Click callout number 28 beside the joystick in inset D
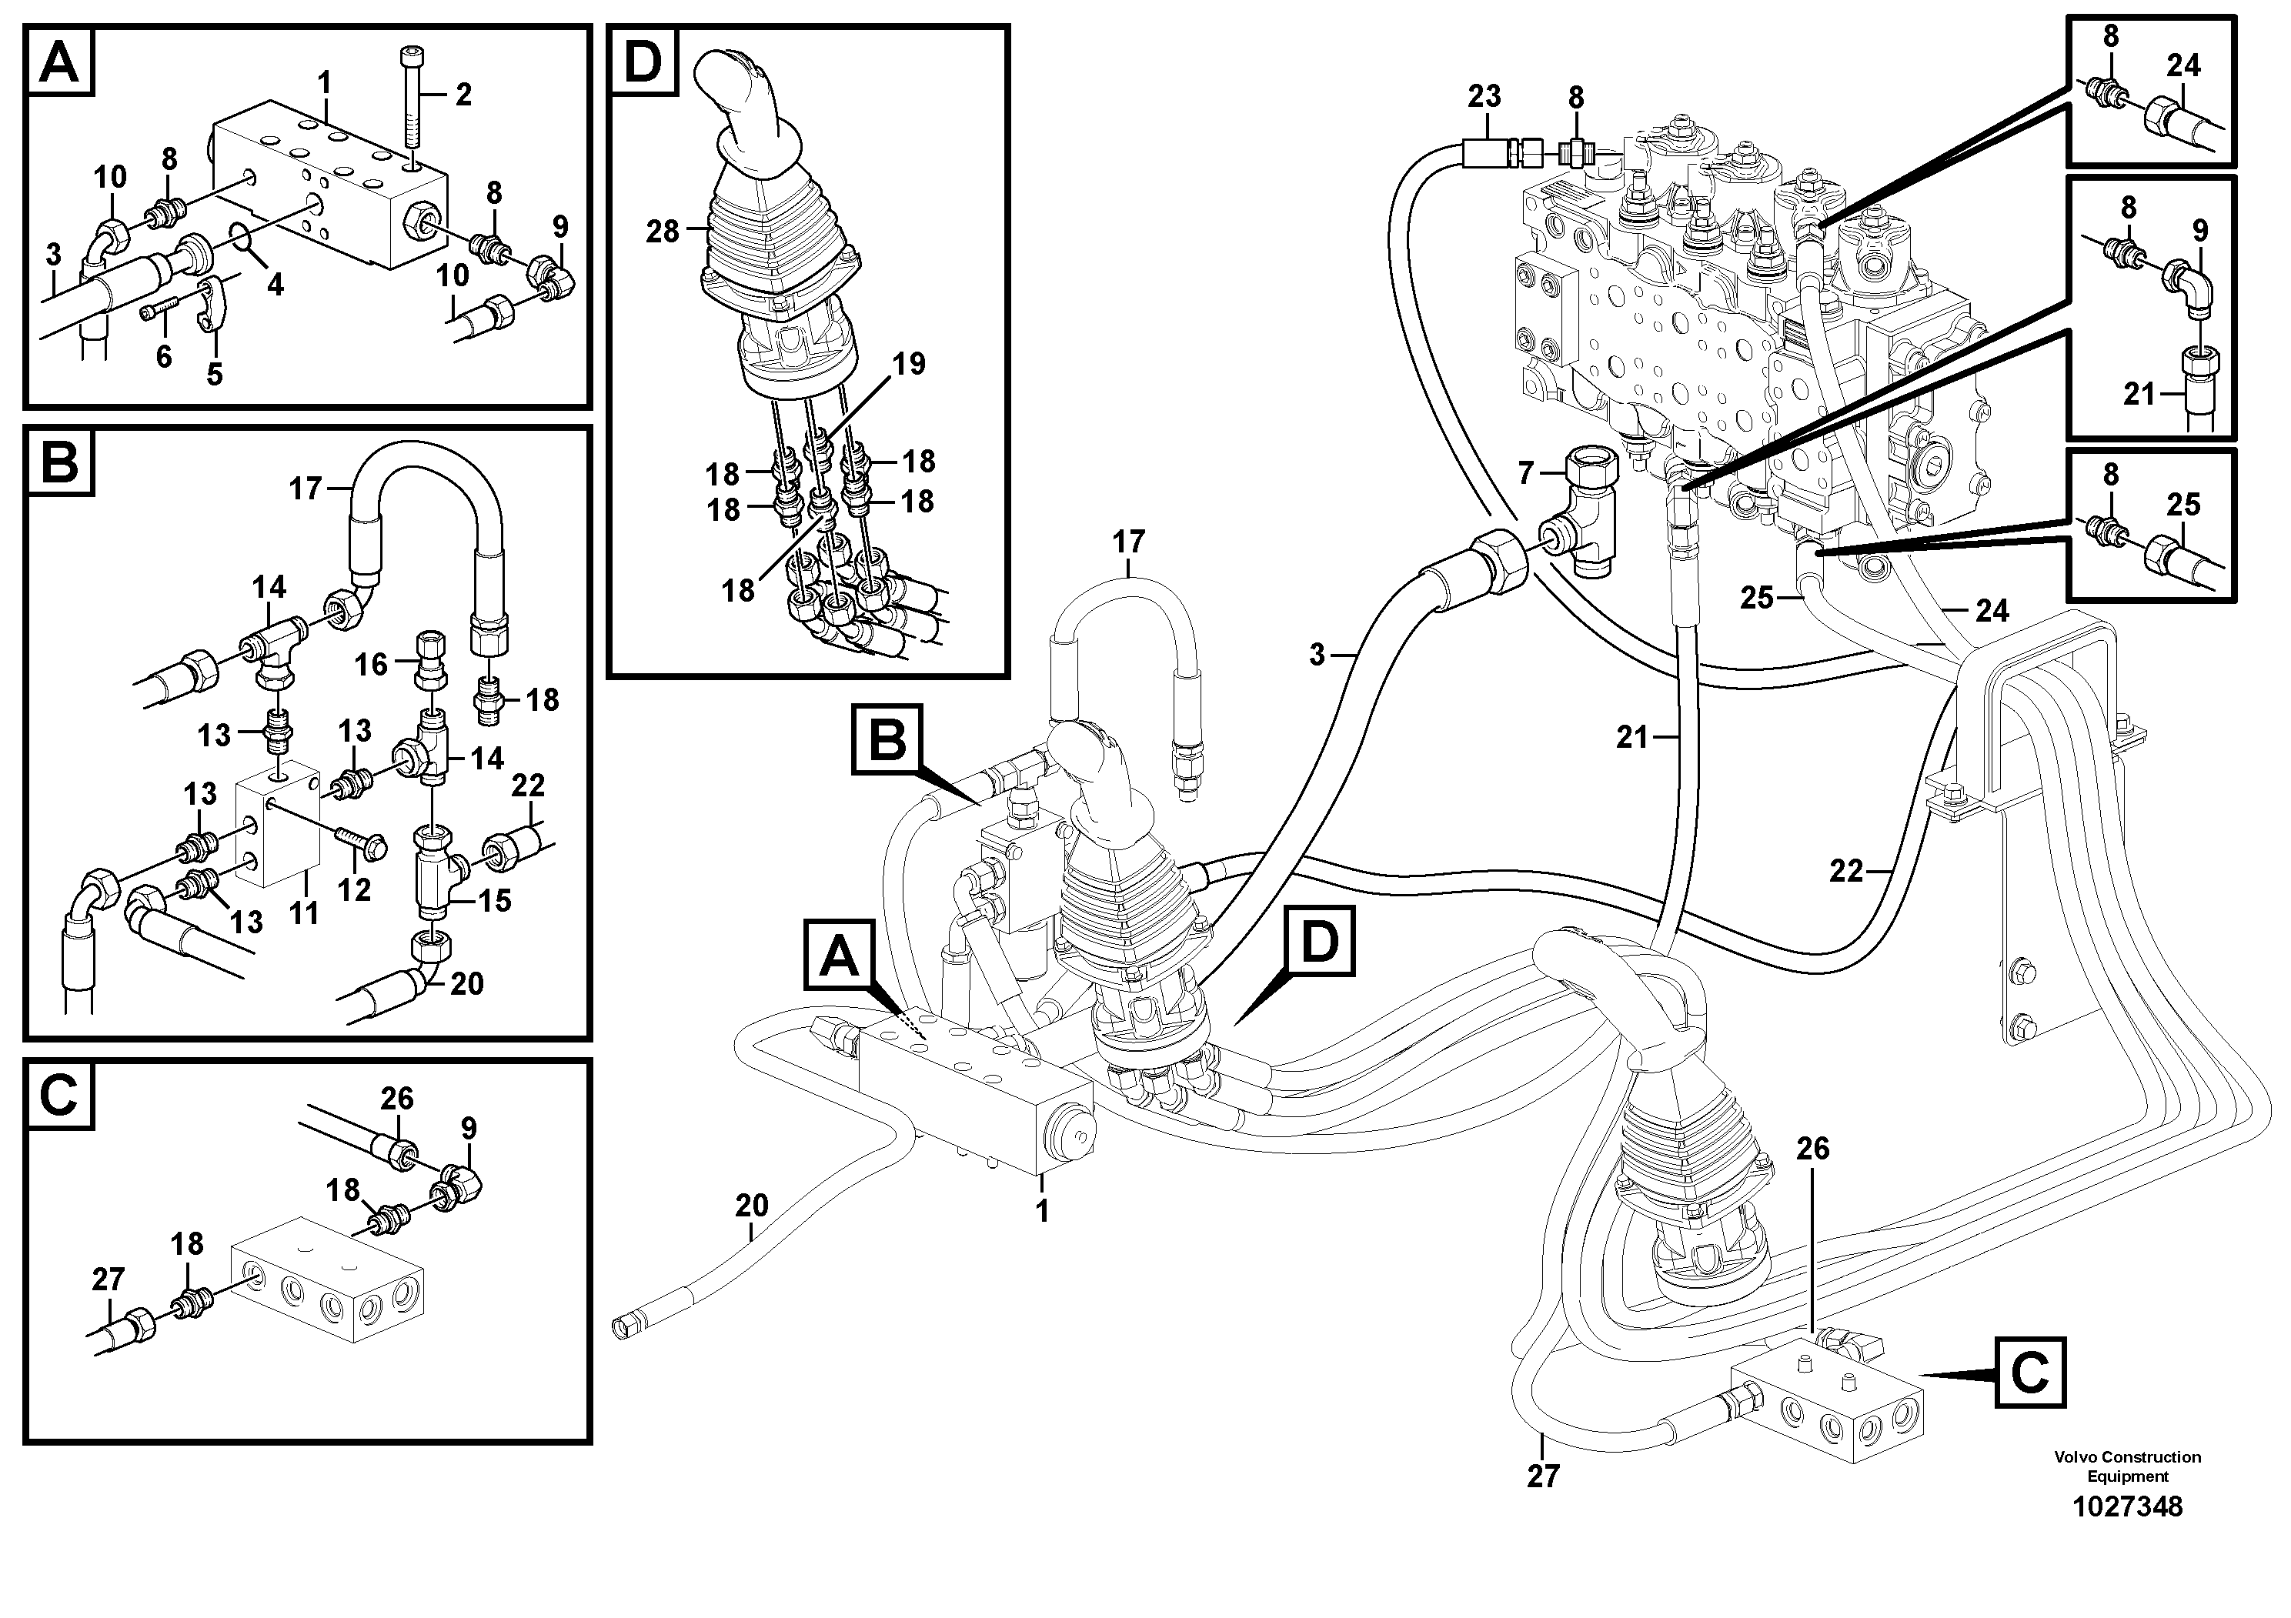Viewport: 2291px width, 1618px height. tap(663, 232)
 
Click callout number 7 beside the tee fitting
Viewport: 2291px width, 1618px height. tap(1525, 474)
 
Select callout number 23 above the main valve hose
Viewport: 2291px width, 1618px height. tap(1484, 97)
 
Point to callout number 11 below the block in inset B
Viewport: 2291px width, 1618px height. tap(303, 912)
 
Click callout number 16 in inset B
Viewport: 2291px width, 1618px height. tap(371, 665)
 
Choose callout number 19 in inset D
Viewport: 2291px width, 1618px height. tap(908, 364)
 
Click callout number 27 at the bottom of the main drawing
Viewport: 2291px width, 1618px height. tap(1543, 1476)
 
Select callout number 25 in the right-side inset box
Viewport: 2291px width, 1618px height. tap(2183, 505)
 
